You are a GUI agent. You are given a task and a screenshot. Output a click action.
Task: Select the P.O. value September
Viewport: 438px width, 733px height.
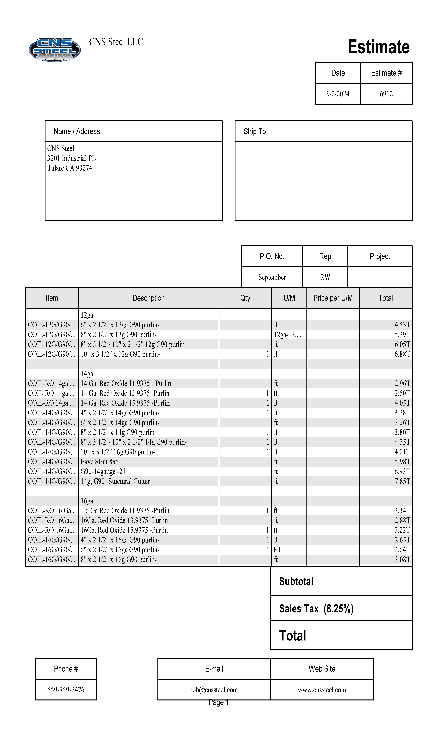pos(272,277)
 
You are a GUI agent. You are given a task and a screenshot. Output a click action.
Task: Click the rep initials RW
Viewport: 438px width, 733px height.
pos(325,277)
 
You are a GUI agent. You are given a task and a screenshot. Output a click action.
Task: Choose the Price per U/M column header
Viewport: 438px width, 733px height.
pos(333,298)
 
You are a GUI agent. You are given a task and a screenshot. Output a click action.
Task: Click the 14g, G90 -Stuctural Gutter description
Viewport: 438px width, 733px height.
pos(115,481)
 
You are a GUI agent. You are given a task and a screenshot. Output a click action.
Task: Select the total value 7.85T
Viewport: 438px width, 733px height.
pos(402,481)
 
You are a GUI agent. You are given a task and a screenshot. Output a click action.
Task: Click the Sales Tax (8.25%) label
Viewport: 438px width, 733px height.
pos(316,609)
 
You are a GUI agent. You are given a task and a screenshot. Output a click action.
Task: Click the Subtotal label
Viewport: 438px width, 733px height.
pos(296,582)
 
